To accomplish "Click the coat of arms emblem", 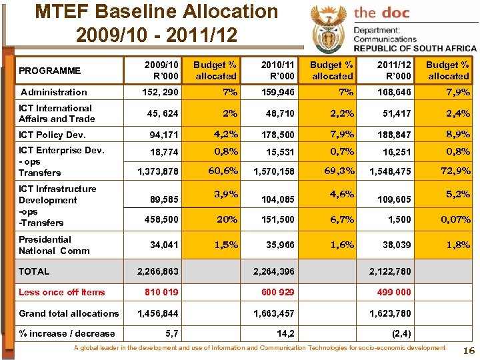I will [x=328, y=28].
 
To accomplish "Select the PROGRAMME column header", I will [x=49, y=71].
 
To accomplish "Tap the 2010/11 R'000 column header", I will [x=278, y=71].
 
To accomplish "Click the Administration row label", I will [x=54, y=92].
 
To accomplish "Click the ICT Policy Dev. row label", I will [x=52, y=135].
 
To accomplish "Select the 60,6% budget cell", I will [x=223, y=171].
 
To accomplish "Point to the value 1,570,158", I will [x=274, y=172].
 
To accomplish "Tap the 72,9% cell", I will [x=455, y=171].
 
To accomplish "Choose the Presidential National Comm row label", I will [x=45, y=245].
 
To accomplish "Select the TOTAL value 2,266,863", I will [x=157, y=271].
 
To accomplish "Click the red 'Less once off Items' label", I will [x=61, y=292].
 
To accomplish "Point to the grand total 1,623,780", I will [x=390, y=313].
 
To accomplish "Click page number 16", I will [x=467, y=351].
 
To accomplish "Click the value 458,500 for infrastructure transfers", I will [x=162, y=219].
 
